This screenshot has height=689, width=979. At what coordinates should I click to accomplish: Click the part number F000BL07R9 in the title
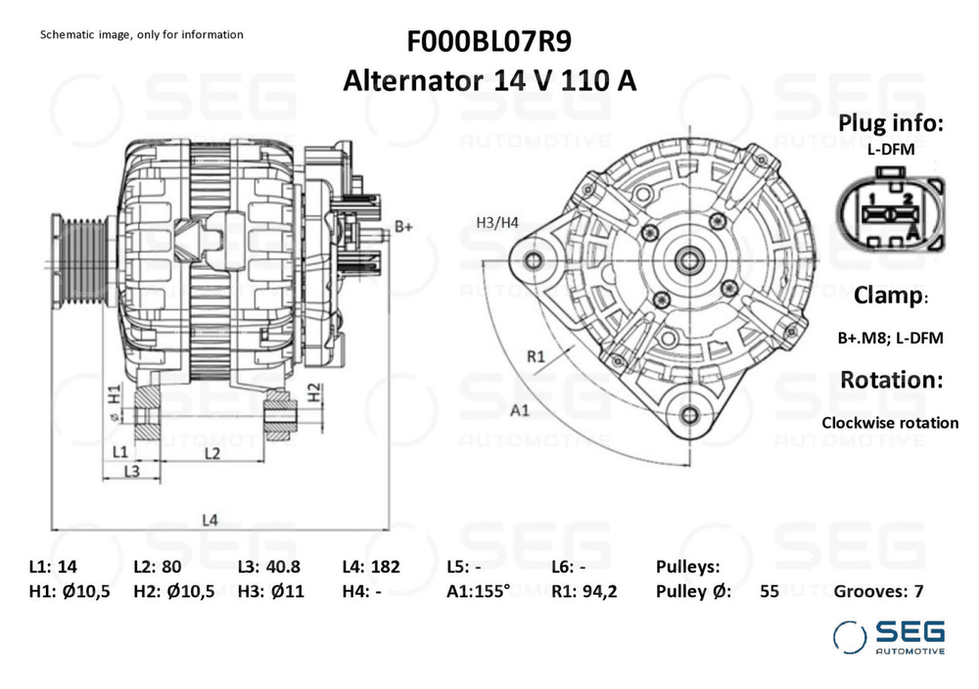tap(489, 42)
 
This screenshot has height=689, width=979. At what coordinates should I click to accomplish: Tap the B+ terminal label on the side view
tap(403, 227)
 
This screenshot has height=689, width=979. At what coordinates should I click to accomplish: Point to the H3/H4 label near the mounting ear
tap(496, 222)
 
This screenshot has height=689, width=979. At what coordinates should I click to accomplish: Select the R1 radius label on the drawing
tap(536, 356)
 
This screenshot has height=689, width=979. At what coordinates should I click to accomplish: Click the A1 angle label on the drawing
tap(520, 411)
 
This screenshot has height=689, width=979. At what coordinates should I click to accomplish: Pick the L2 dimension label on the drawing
tap(210, 452)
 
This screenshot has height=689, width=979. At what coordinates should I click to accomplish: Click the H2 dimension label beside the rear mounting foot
tap(314, 393)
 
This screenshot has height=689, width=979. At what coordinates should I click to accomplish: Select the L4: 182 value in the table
tap(371, 567)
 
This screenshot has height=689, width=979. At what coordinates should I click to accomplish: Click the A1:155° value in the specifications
tap(478, 591)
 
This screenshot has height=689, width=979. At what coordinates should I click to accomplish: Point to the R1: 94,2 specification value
tap(583, 591)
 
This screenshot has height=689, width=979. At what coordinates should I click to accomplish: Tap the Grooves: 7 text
tap(878, 591)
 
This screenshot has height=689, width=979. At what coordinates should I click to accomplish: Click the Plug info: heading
tap(891, 123)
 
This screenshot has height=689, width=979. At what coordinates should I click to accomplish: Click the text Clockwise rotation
tap(890, 423)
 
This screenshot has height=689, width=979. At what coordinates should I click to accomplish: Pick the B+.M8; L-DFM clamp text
tap(890, 338)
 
